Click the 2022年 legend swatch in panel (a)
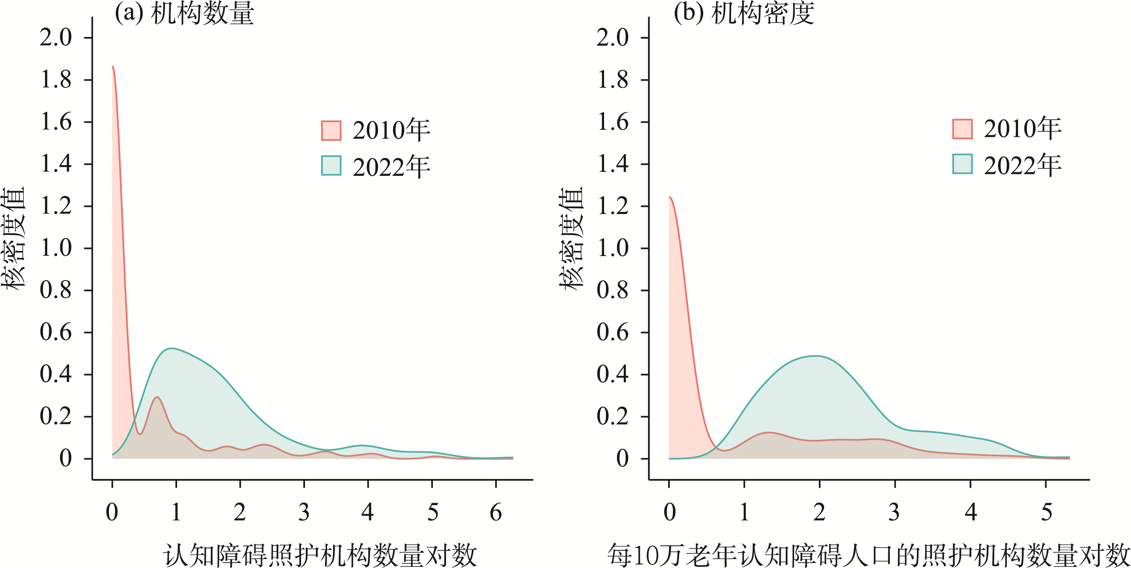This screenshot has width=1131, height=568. [331, 166]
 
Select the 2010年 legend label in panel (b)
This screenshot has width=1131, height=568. [1022, 129]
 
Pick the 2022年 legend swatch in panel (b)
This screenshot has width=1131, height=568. [963, 164]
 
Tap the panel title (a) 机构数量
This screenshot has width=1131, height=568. [185, 13]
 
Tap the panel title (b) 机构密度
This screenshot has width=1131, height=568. [744, 13]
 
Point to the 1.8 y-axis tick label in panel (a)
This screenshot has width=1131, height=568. [56, 80]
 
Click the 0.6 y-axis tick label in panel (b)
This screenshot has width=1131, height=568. [612, 332]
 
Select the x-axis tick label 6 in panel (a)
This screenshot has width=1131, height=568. [496, 512]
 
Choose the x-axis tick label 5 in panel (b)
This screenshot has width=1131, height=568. [1046, 512]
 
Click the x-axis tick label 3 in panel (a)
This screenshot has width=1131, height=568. [304, 512]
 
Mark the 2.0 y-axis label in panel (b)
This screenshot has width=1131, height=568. [612, 38]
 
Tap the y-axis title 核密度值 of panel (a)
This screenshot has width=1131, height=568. [13, 239]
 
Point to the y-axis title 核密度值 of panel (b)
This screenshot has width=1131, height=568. [571, 239]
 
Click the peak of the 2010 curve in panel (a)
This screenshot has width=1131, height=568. [113, 67]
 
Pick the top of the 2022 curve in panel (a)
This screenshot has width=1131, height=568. [171, 349]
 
